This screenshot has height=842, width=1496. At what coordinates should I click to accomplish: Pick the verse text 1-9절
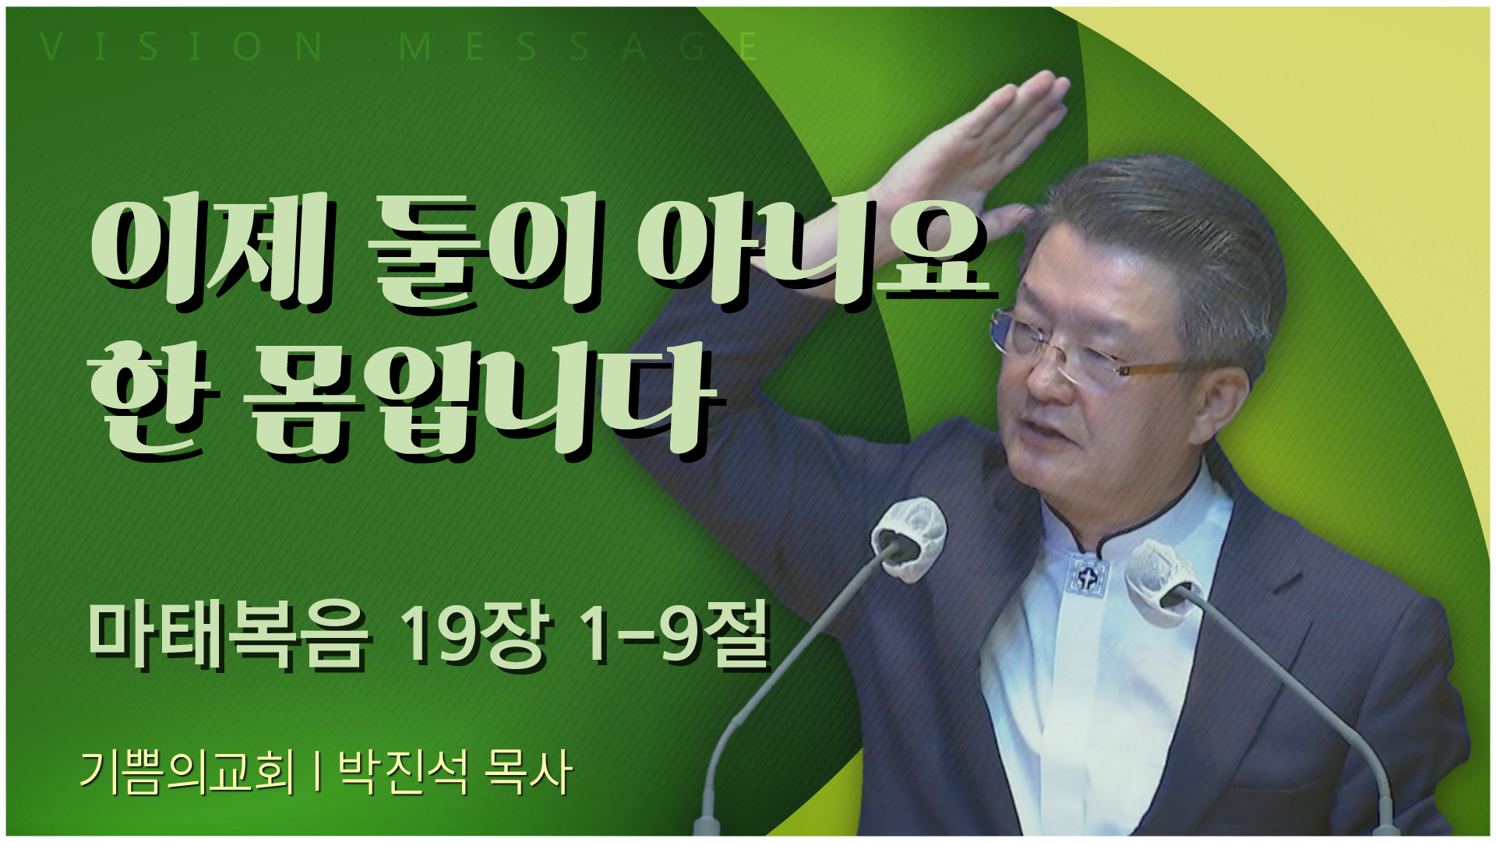675,635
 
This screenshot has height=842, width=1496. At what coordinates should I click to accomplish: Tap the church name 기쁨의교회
188,771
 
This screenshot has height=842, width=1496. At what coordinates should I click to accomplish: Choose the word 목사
527,771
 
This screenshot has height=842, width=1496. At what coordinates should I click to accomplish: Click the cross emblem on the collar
1088,576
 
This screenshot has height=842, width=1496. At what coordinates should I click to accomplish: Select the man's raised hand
974,148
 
